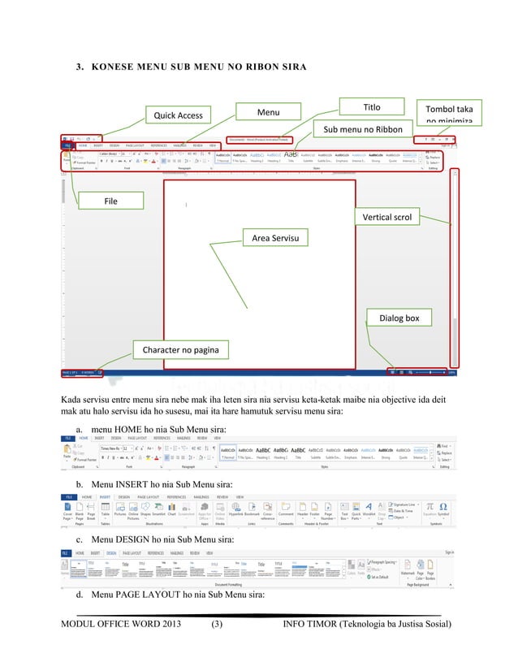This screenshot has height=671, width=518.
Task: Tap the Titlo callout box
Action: click(x=371, y=107)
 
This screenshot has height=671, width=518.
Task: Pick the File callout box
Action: click(x=110, y=201)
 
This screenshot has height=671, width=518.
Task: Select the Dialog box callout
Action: click(x=399, y=318)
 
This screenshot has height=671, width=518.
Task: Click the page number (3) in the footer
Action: click(x=217, y=624)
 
